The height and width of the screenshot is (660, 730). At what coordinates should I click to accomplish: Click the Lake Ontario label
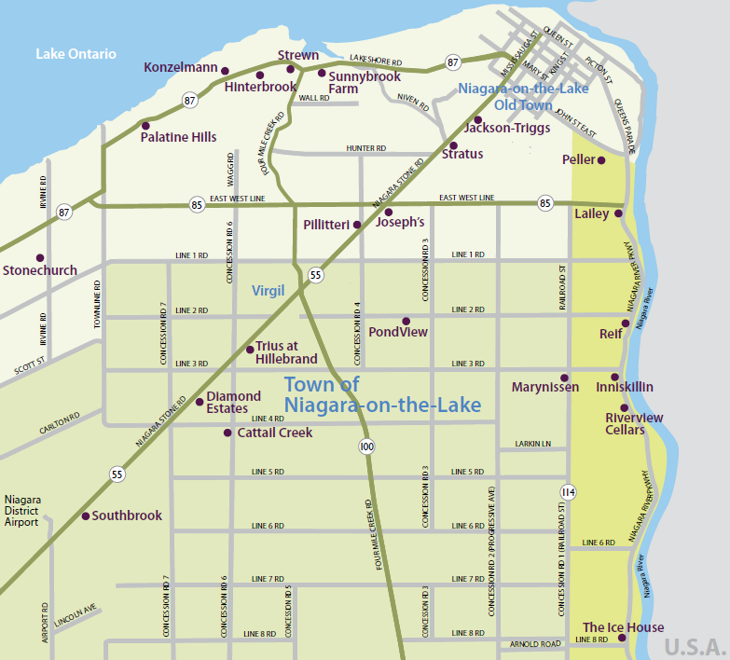click(x=76, y=54)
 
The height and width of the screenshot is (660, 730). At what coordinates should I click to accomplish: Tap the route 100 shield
click(x=366, y=447)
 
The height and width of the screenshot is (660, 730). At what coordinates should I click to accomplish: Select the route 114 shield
click(x=568, y=491)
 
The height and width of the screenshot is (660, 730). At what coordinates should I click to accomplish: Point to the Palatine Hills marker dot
click(x=145, y=125)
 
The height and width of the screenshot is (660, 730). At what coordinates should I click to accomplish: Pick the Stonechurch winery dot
click(x=39, y=257)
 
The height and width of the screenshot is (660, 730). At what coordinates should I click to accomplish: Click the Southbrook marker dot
click(x=85, y=516)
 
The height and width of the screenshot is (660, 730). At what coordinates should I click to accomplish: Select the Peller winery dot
click(x=601, y=160)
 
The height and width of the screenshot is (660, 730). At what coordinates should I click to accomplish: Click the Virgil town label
click(x=268, y=291)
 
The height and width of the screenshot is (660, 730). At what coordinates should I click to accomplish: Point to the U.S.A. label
click(x=695, y=646)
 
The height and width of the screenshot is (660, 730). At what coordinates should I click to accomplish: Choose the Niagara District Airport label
click(x=21, y=511)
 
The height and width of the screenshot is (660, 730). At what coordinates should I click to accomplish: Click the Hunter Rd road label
click(x=365, y=148)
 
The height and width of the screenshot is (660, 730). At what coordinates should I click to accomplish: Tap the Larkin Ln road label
click(x=533, y=444)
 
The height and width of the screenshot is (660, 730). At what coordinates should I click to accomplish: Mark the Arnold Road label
click(x=535, y=644)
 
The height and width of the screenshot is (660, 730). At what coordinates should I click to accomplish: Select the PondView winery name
click(x=398, y=332)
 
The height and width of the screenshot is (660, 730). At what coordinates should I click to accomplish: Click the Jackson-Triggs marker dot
click(x=477, y=119)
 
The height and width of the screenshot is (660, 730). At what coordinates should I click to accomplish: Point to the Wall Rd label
click(x=314, y=97)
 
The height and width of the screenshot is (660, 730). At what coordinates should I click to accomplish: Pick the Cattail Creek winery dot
click(x=227, y=433)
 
